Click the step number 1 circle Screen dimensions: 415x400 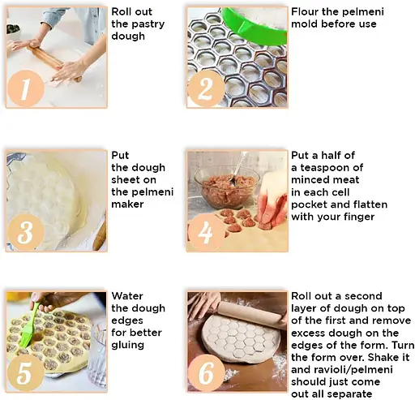pos(26,88)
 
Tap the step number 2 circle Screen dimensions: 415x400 pos(206,88)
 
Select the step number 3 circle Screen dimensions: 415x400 pos(26,232)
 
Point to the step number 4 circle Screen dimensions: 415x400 pos(206,232)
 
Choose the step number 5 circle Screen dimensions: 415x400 pos(26,373)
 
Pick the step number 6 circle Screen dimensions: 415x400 pos(206,373)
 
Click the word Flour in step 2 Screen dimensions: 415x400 pos(303,11)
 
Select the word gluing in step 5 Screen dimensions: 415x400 pos(127,346)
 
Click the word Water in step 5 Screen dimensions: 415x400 pos(127,296)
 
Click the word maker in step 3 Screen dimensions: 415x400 pos(127,204)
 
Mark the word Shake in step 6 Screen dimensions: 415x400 pos(381,357)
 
